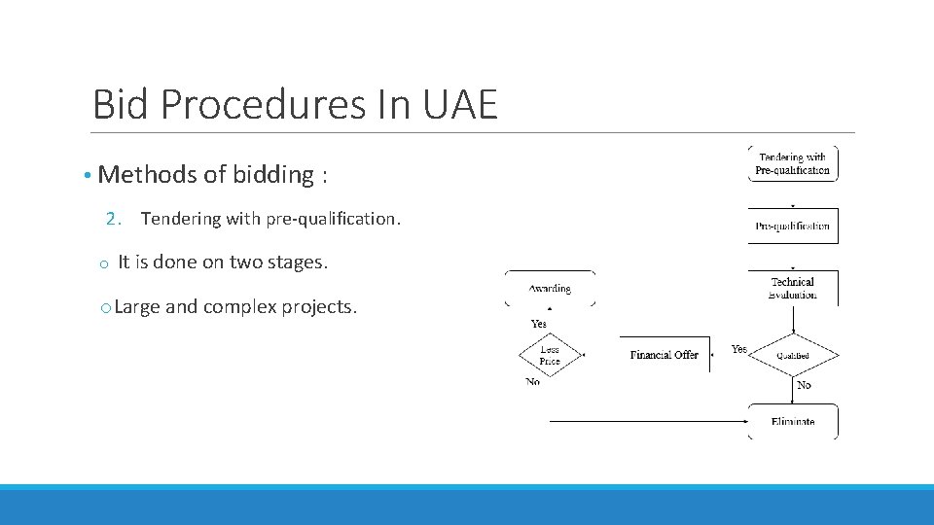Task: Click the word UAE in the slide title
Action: (x=460, y=103)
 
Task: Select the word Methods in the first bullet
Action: (x=144, y=175)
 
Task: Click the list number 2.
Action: (x=113, y=219)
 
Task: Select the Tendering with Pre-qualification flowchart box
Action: (x=793, y=163)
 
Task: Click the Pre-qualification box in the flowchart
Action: (x=793, y=226)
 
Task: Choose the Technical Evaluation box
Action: (x=793, y=288)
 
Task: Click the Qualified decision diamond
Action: (x=793, y=355)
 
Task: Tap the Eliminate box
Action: (x=793, y=422)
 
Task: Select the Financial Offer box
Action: (x=665, y=355)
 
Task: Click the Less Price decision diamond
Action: (x=550, y=355)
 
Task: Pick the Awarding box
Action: (x=550, y=289)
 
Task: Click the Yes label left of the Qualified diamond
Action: (x=739, y=349)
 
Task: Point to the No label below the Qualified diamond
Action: (x=804, y=386)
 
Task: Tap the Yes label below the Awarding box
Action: (x=538, y=324)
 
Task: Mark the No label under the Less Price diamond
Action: (x=532, y=383)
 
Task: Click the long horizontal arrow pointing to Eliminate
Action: (x=647, y=422)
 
